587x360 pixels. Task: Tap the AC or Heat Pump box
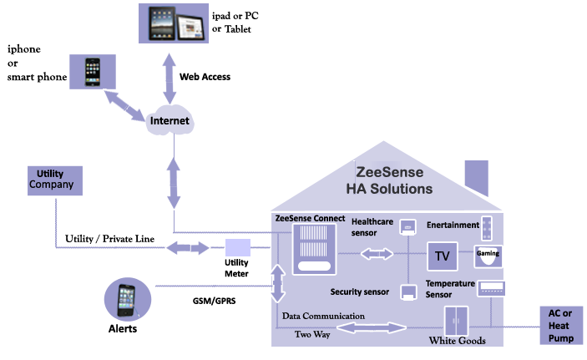[559, 324]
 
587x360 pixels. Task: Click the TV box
[443, 256]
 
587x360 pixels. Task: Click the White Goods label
[457, 340]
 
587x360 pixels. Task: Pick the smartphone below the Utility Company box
[125, 299]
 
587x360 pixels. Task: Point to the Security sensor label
[359, 292]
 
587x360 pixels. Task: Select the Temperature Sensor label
[450, 289]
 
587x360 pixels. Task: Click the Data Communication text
[323, 317]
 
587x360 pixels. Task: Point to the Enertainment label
[453, 225]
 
